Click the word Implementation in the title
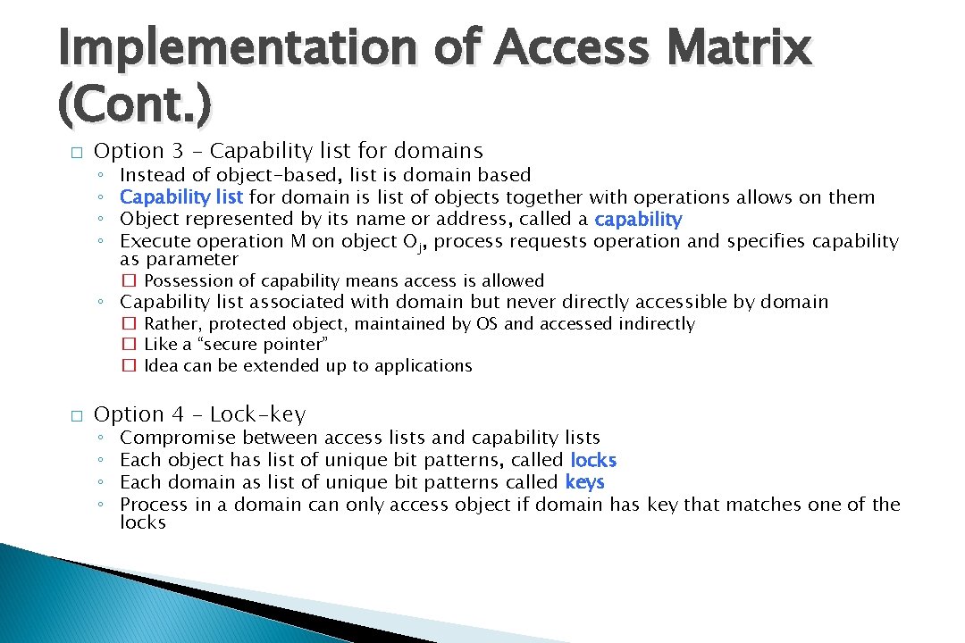click(236, 48)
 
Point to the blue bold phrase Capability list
click(182, 196)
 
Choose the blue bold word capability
click(638, 219)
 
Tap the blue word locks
click(593, 460)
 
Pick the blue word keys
click(584, 482)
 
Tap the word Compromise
click(178, 438)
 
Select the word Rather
click(171, 324)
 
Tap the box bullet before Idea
click(129, 366)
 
